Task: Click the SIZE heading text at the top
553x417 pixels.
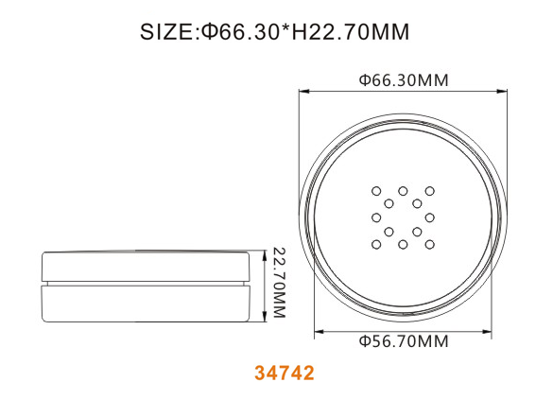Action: (275, 32)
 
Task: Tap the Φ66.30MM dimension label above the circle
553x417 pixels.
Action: (404, 80)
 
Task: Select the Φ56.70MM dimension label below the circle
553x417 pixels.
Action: (404, 341)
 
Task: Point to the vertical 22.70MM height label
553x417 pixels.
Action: (279, 283)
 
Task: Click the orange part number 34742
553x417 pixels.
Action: (285, 373)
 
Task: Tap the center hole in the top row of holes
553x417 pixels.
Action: (403, 191)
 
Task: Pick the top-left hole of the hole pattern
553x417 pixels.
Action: (376, 191)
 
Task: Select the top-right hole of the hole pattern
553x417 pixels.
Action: (429, 191)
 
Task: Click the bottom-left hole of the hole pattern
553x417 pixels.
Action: (376, 244)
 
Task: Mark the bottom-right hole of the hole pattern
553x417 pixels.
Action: (429, 244)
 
